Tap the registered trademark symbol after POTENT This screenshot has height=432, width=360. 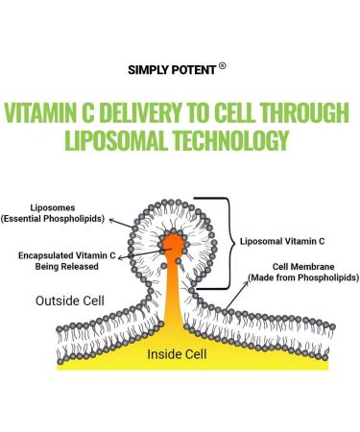[x=223, y=66]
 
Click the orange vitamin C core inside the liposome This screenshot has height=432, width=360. [x=177, y=244]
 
